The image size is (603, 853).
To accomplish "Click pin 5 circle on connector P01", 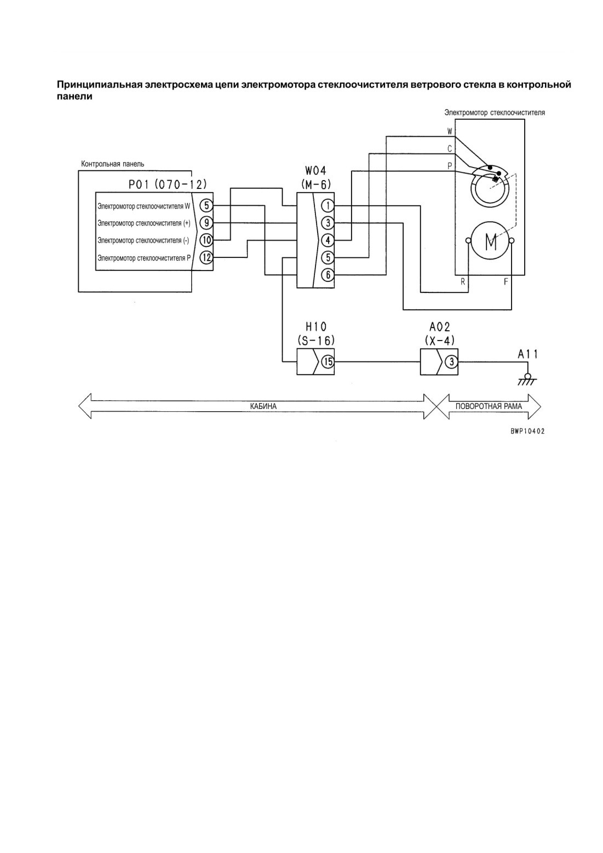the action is point(206,206).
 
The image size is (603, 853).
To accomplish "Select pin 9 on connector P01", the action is point(206,223).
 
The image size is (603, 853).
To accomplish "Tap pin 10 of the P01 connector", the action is point(206,240).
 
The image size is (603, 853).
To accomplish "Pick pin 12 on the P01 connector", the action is point(206,258).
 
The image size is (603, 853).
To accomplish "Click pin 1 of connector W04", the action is point(328,206).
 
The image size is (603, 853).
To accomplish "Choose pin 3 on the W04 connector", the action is point(328,223).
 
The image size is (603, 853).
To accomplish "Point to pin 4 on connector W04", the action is point(328,240).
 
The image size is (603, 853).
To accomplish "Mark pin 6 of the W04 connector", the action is point(328,274).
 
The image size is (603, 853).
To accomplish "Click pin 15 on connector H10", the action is point(328,362).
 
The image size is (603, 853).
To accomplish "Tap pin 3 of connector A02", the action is point(451,362).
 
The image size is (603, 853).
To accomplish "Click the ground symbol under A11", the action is point(527,379).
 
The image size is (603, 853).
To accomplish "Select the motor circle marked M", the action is point(490,241).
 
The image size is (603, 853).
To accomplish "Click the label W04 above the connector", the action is point(315,170).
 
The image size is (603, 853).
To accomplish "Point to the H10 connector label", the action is point(316,327).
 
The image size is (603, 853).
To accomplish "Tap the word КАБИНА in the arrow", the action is point(263,406).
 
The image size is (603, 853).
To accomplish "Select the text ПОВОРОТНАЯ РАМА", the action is point(489,406).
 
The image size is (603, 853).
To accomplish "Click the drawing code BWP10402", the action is point(527,431).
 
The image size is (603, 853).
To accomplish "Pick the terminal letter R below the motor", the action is point(463,282).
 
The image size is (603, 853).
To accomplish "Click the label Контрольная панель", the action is point(113,164).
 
